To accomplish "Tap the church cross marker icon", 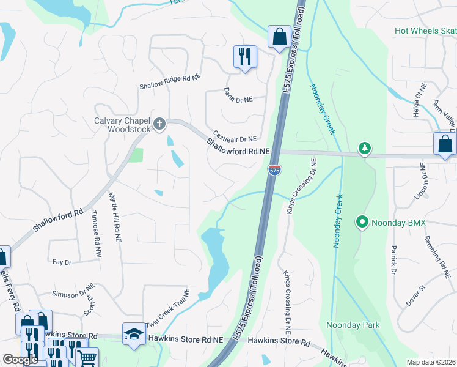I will (x=159, y=125).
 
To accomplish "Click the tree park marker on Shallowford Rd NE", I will (x=365, y=149).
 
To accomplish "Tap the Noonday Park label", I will (x=353, y=325).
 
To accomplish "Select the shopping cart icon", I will (x=87, y=358).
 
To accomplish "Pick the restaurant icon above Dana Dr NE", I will (x=245, y=57).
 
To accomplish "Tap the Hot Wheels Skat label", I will (x=425, y=30).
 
